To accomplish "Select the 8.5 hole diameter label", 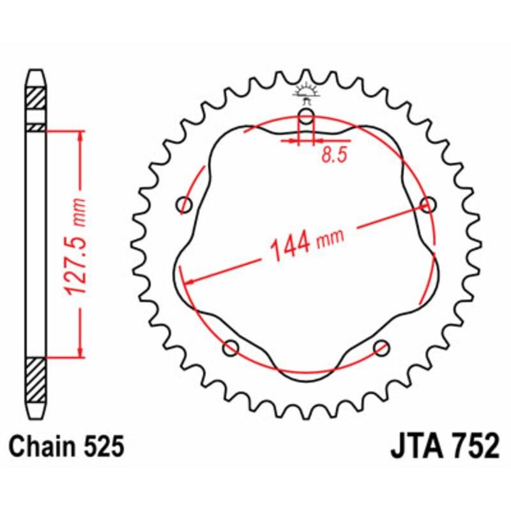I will point(330,156).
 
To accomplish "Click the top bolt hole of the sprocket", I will point(307,118).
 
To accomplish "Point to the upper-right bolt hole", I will point(427,204).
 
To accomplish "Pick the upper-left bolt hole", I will point(185,205).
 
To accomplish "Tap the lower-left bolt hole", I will point(231,347).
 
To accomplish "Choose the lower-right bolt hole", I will point(381,347).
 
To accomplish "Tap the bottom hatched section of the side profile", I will point(36,379).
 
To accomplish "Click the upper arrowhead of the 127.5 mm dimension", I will point(80,137).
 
